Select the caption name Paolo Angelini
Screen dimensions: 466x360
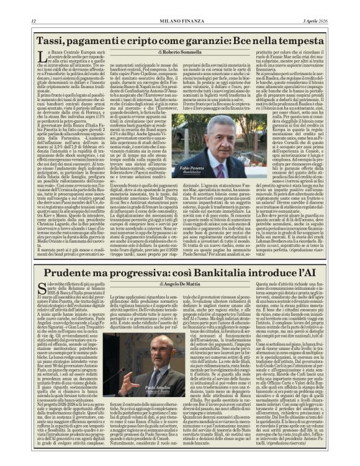tap(158, 388)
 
